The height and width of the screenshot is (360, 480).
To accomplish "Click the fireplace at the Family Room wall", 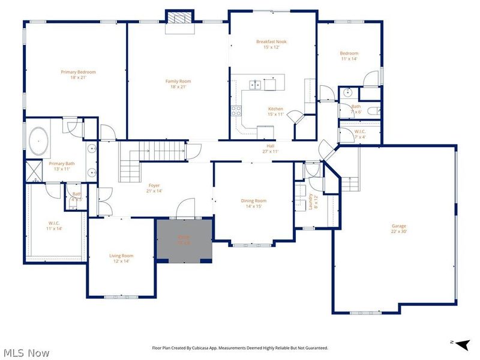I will pos(179,18).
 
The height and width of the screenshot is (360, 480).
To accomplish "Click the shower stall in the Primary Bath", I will pos(33,172).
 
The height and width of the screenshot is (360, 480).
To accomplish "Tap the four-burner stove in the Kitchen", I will pos(236,110).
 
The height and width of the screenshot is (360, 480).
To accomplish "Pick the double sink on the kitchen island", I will pos(255,85).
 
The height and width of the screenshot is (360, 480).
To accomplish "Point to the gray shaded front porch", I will pos(184,241).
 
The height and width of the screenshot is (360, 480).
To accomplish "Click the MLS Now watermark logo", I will pos(25,353).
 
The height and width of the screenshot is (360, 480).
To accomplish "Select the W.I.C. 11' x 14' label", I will pos(55,226).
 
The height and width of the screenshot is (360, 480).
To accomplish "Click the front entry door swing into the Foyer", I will pos(185,211).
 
